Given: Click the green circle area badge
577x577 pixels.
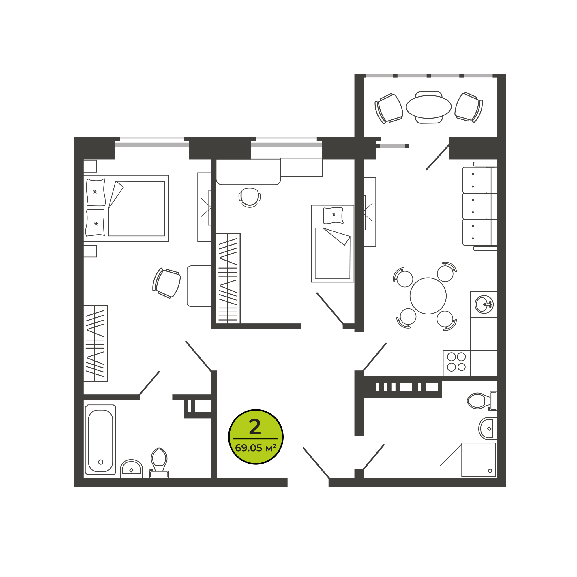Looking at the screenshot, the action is [256, 437].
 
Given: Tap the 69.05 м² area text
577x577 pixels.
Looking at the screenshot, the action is [255, 448].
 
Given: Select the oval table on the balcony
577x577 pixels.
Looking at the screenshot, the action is [429, 107].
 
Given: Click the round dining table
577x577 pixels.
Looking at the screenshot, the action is [428, 296].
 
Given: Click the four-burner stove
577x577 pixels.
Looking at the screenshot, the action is [457, 363].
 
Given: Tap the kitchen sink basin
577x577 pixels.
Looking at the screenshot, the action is [484, 304].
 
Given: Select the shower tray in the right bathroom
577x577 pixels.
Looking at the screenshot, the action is [479, 460].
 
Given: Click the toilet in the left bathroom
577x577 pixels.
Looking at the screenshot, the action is [159, 463].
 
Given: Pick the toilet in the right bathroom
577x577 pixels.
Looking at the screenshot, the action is [482, 400].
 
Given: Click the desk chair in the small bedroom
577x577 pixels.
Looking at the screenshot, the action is [250, 197].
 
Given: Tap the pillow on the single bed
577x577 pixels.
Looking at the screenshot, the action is [333, 215].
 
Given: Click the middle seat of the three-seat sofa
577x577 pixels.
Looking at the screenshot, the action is [480, 206].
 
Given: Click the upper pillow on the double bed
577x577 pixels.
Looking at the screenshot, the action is [95, 192].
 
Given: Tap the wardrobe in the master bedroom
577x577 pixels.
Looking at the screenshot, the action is [95, 343].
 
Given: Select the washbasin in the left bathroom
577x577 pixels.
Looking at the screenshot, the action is [131, 469].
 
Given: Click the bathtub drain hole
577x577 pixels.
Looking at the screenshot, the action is [101, 462].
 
